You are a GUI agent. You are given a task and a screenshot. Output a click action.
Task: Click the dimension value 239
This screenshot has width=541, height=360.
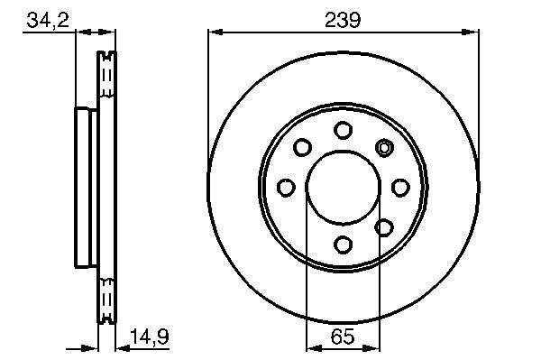(343, 20)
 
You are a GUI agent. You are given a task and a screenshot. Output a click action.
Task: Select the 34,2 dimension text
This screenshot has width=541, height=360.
(48, 20)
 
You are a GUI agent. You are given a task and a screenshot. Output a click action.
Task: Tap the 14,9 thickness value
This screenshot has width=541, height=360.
(150, 337)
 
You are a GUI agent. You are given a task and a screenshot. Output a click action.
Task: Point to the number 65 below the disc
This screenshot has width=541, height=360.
(343, 337)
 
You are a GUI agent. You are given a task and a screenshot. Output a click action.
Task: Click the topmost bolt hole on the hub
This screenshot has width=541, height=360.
(343, 130)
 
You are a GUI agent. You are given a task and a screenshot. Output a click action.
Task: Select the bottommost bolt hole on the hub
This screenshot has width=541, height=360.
(344, 245)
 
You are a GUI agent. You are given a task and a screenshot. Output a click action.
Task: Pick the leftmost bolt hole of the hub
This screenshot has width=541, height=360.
(286, 188)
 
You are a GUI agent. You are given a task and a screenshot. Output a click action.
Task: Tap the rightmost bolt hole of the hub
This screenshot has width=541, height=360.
(400, 188)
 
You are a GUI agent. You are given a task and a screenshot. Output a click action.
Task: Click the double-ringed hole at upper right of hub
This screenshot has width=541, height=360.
(384, 148)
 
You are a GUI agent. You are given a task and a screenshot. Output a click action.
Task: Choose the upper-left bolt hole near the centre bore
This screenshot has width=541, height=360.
(302, 147)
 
